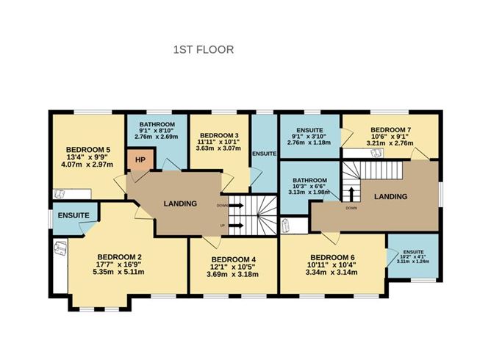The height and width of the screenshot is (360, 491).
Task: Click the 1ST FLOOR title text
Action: click(x=203, y=50)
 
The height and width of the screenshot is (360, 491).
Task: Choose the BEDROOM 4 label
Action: click(x=233, y=259)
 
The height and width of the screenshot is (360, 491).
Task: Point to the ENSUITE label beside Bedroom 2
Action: click(x=71, y=215)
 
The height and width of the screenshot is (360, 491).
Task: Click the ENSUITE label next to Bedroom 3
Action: click(x=263, y=154)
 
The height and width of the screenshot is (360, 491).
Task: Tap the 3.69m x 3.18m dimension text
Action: click(x=233, y=275)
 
